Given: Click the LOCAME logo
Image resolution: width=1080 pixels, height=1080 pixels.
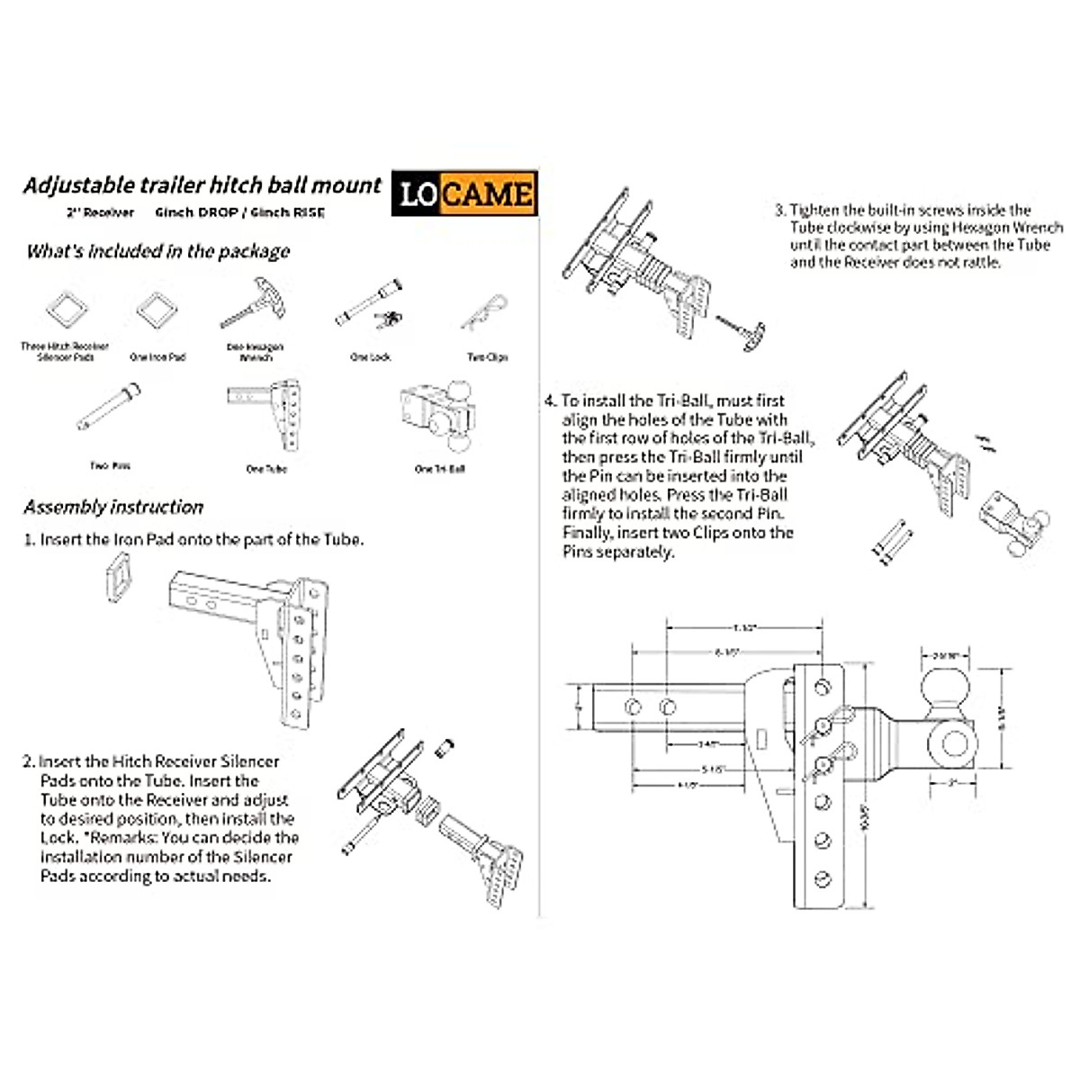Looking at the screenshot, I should [464, 193].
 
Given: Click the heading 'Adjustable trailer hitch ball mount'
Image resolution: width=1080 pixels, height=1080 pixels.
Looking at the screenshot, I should [202, 185].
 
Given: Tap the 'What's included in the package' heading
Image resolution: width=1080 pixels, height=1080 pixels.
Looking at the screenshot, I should [157, 251].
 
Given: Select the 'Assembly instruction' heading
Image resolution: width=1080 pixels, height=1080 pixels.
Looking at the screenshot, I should [113, 507].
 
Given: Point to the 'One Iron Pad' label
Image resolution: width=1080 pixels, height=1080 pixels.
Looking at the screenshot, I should [157, 357].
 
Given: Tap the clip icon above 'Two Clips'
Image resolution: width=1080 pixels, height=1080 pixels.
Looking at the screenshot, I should [485, 311].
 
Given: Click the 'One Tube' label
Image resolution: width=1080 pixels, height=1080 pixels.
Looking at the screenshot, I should [266, 469].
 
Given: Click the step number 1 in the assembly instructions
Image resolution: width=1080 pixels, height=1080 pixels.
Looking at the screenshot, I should [29, 540].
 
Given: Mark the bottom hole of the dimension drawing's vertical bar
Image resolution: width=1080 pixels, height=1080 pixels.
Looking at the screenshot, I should [822, 879].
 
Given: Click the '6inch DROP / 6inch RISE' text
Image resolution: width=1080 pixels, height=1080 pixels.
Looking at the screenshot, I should [239, 212].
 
